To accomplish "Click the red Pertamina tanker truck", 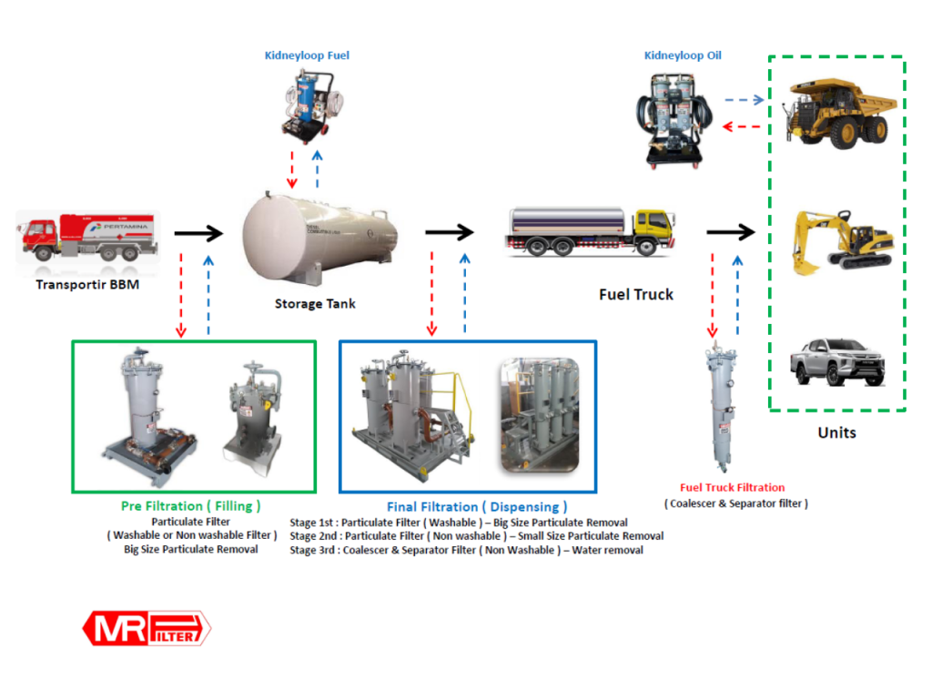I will click(86, 235).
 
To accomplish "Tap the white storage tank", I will click(319, 235).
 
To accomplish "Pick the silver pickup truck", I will click(837, 360).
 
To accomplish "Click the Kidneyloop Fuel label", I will click(307, 56).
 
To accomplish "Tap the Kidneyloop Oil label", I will click(683, 56).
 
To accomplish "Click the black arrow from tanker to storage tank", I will click(198, 234).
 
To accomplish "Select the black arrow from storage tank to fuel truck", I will click(450, 232).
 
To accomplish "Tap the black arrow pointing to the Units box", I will click(730, 233).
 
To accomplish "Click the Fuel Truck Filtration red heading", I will click(732, 488).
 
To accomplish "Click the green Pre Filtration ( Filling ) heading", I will click(191, 506).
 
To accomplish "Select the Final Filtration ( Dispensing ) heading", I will click(477, 506).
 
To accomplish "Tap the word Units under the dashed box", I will click(836, 432).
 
